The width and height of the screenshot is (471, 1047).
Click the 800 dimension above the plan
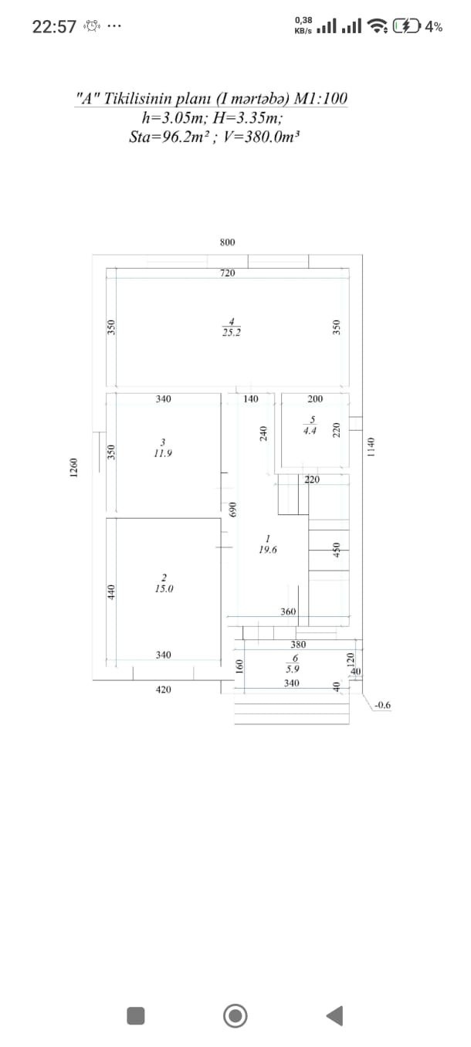pos(228,242)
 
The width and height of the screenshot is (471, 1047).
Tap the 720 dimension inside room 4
pos(228,273)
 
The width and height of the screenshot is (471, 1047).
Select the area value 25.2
pos(232,333)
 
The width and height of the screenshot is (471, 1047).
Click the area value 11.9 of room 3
pos(163,453)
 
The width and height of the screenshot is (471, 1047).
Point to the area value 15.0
pos(164,589)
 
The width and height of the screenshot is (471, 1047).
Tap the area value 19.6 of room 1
pos(268,551)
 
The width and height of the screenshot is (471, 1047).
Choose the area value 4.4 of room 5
pos(310,431)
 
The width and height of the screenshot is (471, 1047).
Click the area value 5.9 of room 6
pos(293,669)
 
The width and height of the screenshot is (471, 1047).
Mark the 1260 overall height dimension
pos(73,468)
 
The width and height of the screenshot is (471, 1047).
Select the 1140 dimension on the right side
pos(371,447)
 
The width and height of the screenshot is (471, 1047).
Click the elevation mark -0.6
pos(383,705)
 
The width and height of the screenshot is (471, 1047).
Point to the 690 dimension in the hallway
pos(233,510)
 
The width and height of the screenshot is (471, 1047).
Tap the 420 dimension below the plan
pos(163,690)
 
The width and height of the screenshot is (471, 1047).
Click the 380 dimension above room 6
pos(298,645)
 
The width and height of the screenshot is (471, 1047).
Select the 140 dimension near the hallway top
pos(251,398)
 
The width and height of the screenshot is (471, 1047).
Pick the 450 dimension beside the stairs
pos(337,551)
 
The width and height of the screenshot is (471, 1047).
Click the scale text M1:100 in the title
pos(320,98)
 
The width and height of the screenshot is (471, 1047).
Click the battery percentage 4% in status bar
pos(434,27)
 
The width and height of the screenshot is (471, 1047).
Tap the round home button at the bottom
pos(235,1015)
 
